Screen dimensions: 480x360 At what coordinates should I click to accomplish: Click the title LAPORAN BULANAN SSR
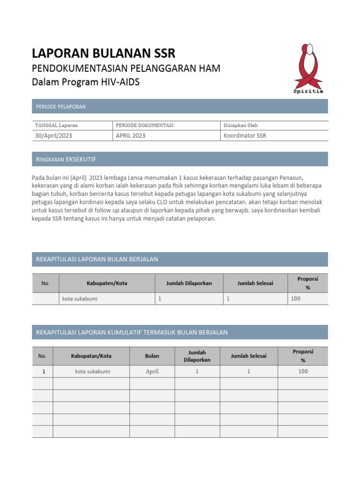click(104, 53)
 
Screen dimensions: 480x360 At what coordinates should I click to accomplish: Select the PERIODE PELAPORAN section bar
click(180, 106)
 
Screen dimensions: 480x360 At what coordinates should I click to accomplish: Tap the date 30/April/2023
click(54, 135)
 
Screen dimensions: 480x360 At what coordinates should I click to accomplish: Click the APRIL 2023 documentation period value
click(130, 135)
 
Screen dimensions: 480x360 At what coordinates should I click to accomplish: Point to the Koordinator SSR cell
click(245, 135)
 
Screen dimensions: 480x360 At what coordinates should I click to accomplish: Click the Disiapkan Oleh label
click(240, 125)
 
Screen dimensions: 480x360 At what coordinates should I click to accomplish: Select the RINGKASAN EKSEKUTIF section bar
click(180, 159)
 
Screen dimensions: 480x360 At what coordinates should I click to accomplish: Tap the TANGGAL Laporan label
click(56, 125)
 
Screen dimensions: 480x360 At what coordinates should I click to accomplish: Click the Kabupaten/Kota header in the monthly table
click(107, 283)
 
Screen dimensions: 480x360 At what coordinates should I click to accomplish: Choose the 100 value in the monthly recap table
click(295, 299)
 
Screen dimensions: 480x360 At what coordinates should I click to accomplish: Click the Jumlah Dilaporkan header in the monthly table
click(189, 283)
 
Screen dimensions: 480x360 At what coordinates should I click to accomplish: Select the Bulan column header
click(152, 356)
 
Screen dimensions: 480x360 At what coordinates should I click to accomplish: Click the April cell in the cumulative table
click(152, 371)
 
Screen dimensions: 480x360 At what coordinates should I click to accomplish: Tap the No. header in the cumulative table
click(42, 356)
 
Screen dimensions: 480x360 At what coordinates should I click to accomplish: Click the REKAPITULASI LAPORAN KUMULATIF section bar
click(180, 332)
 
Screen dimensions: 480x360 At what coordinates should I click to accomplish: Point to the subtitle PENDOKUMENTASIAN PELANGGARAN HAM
click(126, 68)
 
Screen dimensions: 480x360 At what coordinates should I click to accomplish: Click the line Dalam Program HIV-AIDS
click(85, 82)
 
